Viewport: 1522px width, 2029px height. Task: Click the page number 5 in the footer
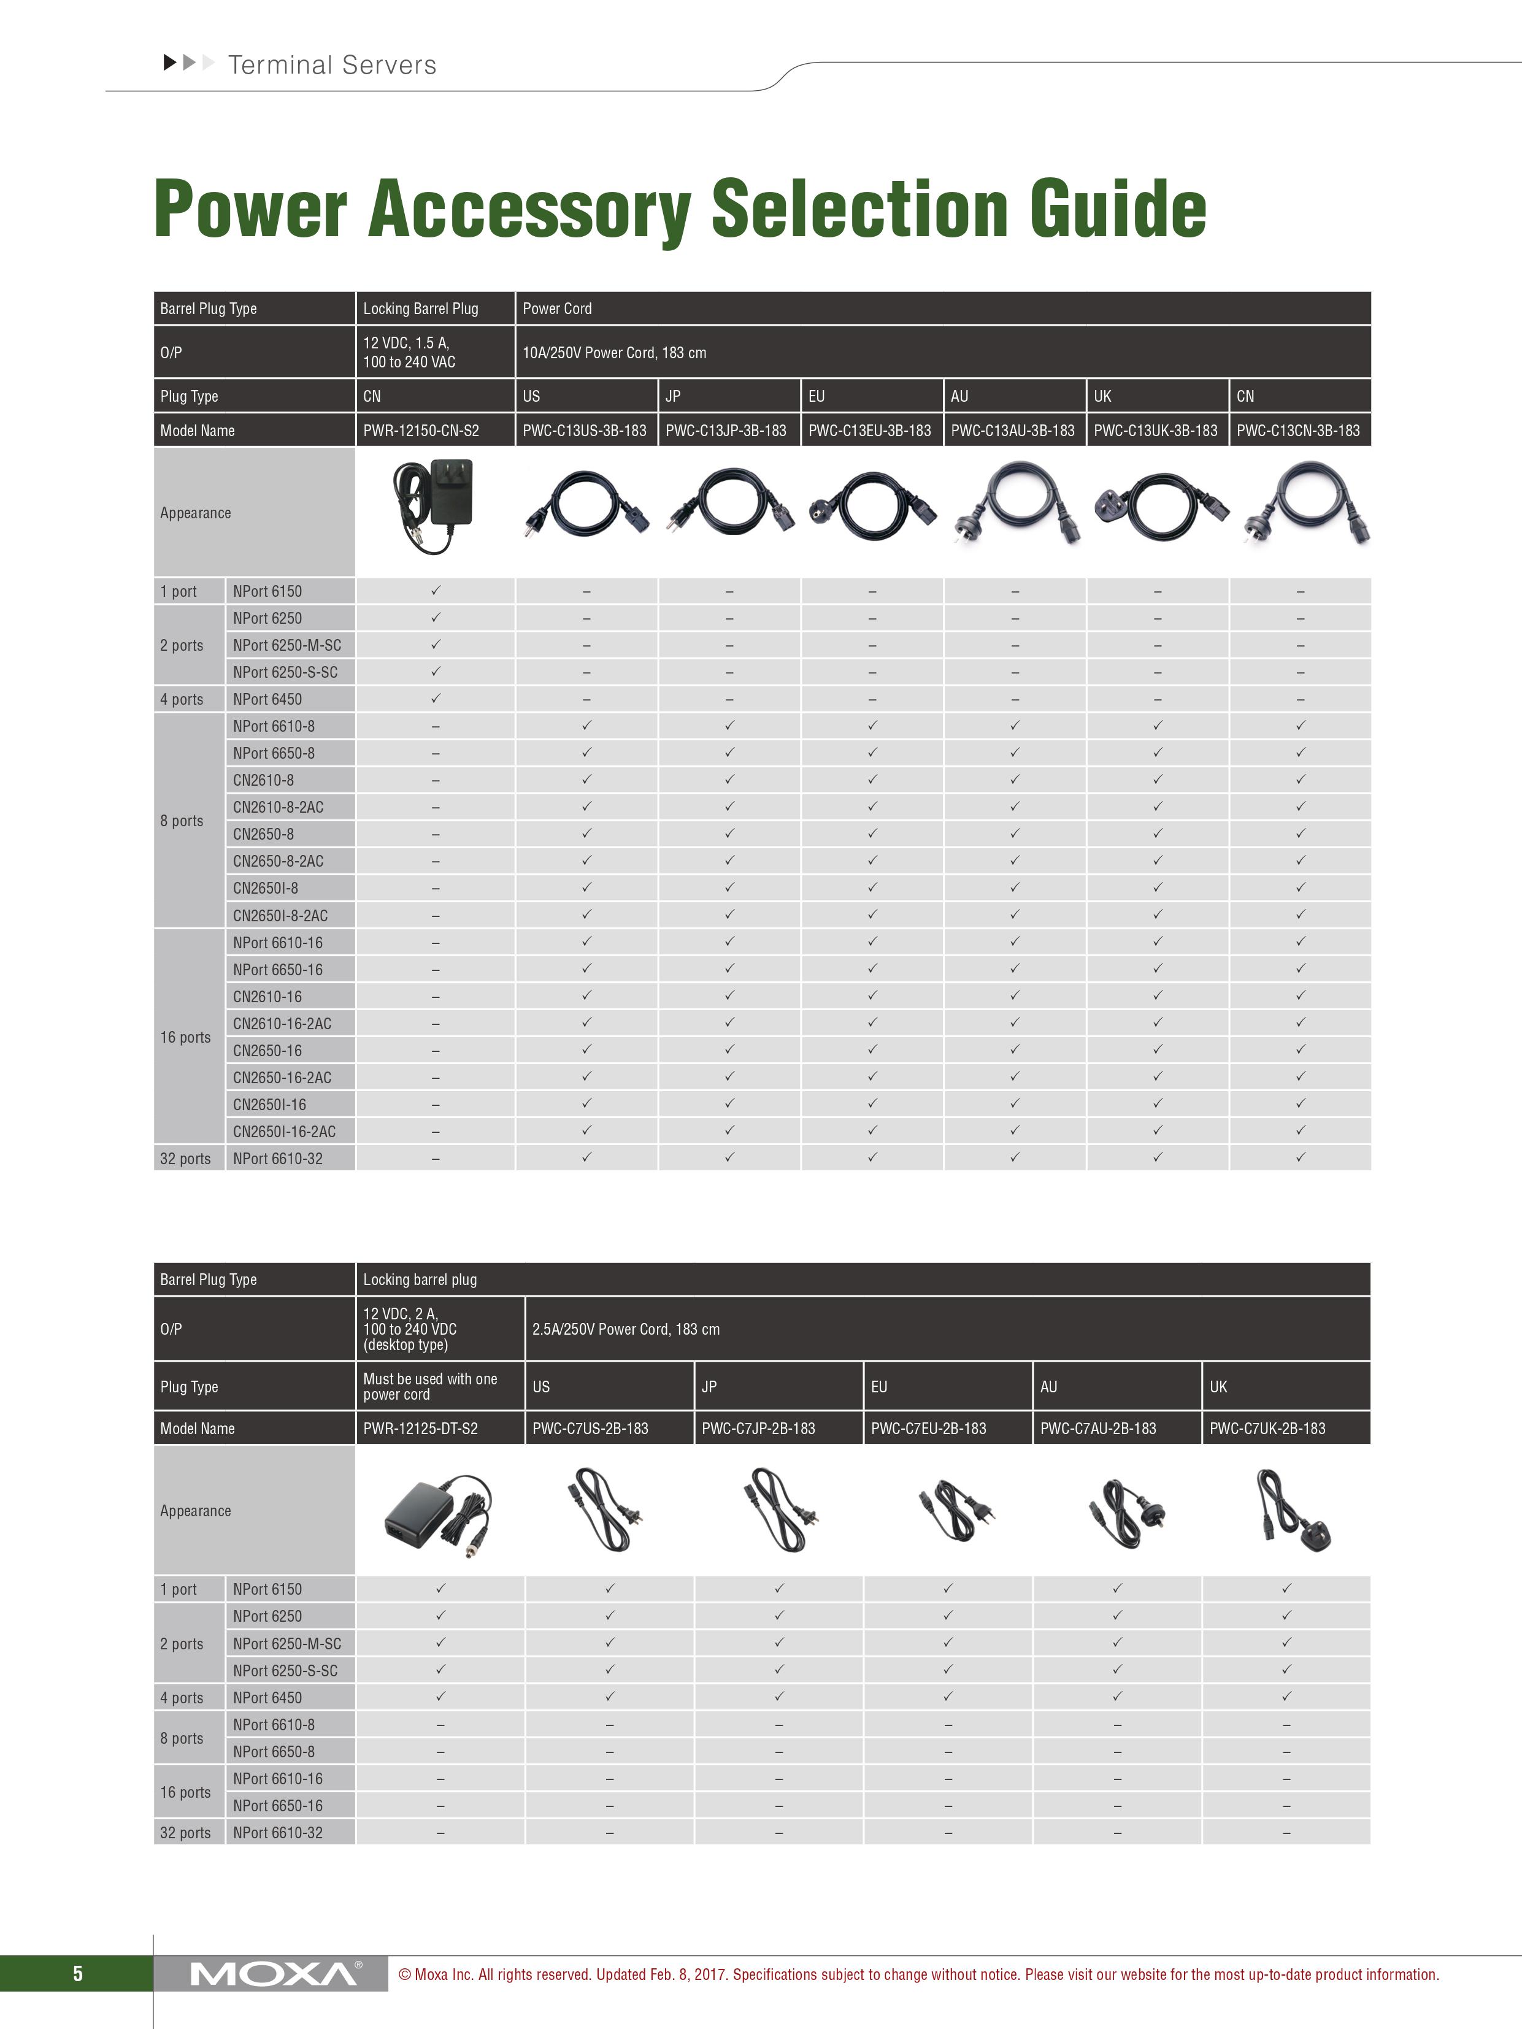78,1974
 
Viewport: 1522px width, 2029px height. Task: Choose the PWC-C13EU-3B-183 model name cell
870,430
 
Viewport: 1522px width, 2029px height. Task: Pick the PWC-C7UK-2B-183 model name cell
1267,1428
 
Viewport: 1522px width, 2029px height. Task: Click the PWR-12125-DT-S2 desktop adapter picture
437,1514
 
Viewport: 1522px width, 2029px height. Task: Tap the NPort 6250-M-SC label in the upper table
287,645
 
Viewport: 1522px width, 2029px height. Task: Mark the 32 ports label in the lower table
185,1833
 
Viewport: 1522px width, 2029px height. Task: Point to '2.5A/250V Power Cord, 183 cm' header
626,1329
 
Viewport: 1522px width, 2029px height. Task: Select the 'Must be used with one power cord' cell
430,1386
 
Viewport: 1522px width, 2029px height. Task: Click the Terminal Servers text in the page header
332,65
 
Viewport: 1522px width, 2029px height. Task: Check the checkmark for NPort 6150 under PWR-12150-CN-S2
436,591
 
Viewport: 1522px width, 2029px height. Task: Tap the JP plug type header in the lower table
709,1387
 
